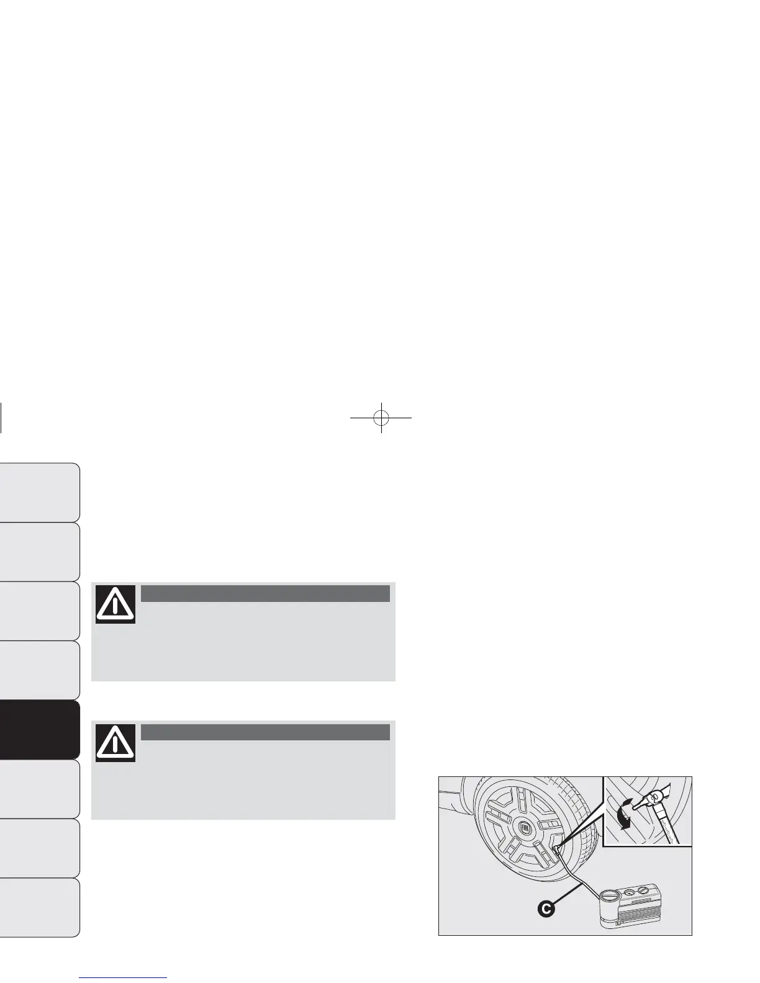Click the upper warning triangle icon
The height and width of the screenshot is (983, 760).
click(x=115, y=604)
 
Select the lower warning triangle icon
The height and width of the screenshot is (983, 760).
click(x=115, y=742)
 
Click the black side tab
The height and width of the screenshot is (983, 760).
click(x=40, y=730)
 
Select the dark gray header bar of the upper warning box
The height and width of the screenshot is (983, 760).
click(x=265, y=593)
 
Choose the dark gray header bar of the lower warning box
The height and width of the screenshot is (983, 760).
click(x=265, y=732)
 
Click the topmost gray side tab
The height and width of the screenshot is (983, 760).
click(x=40, y=492)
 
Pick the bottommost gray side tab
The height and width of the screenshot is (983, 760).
click(x=40, y=907)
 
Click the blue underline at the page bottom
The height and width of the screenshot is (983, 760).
click(x=124, y=977)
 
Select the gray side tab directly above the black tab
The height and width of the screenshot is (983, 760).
click(x=40, y=670)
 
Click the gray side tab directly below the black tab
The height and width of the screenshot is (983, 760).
click(x=40, y=789)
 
